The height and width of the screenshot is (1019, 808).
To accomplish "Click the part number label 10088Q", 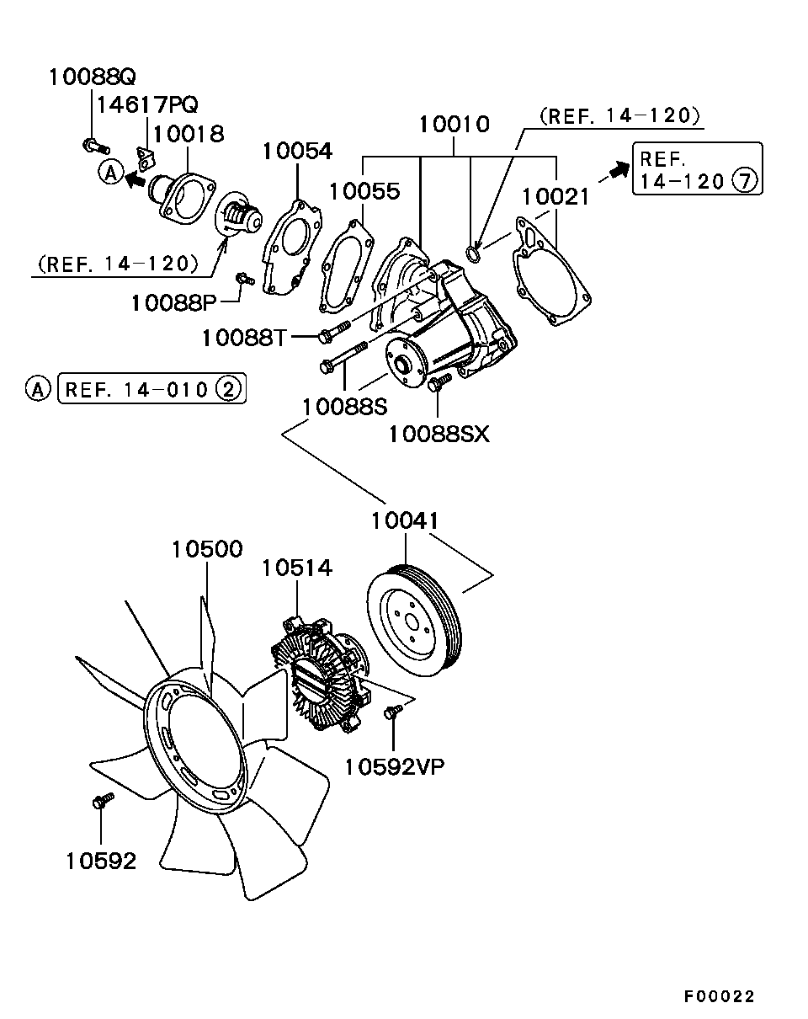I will click(92, 77).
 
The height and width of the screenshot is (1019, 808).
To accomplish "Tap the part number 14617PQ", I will click(147, 105).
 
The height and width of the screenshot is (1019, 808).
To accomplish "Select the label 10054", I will click(296, 152).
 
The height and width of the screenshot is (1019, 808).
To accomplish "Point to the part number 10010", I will click(454, 125).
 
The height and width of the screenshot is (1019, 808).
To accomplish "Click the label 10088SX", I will click(438, 434).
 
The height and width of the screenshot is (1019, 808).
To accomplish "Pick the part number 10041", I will click(405, 521).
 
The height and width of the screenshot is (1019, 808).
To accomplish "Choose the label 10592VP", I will click(395, 766).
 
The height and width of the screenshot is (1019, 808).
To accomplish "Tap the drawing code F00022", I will click(719, 996).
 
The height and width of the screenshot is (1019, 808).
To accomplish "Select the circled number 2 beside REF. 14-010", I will click(229, 389).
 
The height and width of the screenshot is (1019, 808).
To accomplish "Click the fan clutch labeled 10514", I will click(320, 674).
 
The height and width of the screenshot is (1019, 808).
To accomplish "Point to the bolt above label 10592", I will click(101, 801).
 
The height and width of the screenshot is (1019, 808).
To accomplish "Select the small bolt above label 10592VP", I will click(391, 712).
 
